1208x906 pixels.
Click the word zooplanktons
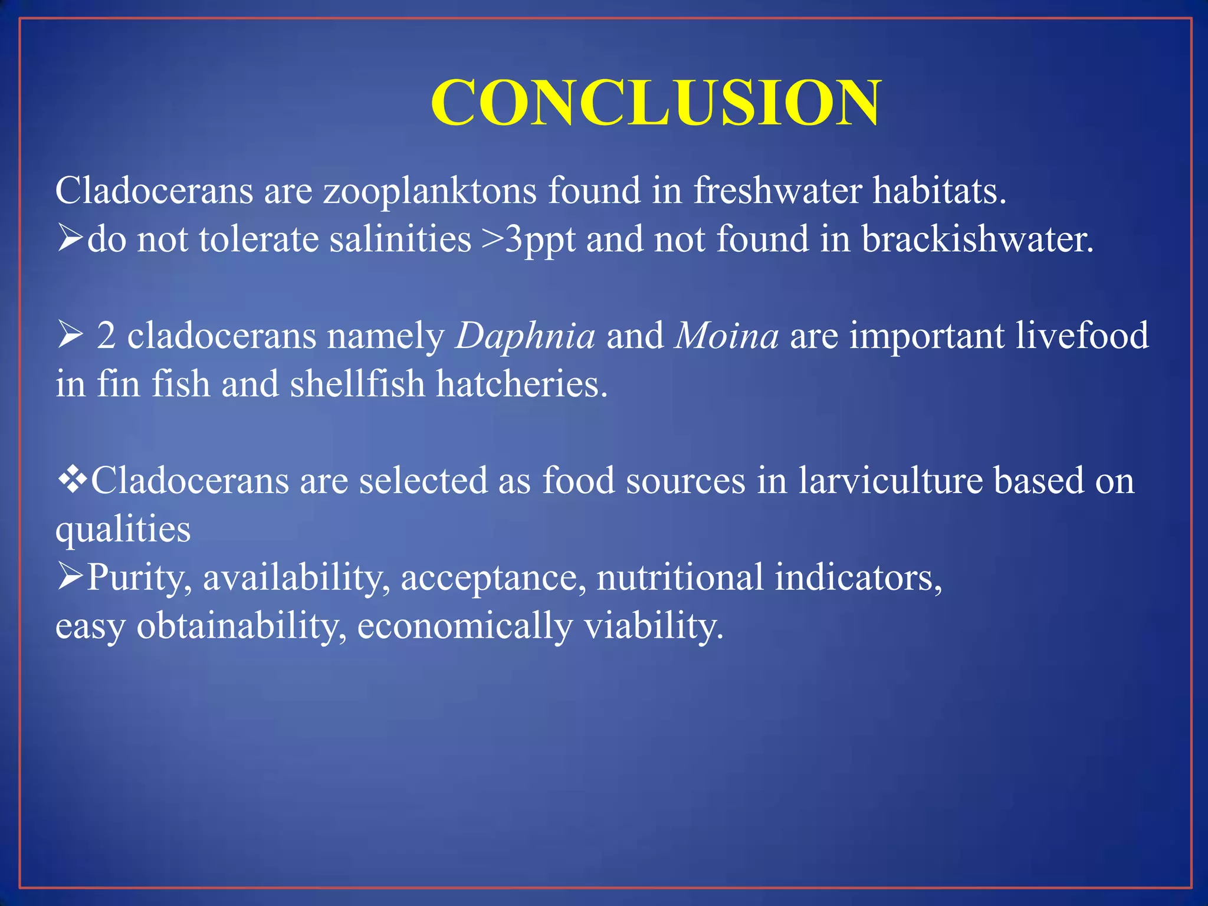tap(430, 192)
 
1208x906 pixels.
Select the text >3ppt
tap(528, 241)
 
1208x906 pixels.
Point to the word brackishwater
tap(977, 239)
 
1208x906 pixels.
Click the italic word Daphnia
tap(525, 337)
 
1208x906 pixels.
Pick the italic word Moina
tap(727, 336)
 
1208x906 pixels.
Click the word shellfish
tap(357, 384)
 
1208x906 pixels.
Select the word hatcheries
tap(521, 384)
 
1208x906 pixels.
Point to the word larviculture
tap(890, 480)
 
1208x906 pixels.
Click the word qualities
tap(123, 530)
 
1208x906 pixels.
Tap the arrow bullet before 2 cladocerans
tap(70, 336)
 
